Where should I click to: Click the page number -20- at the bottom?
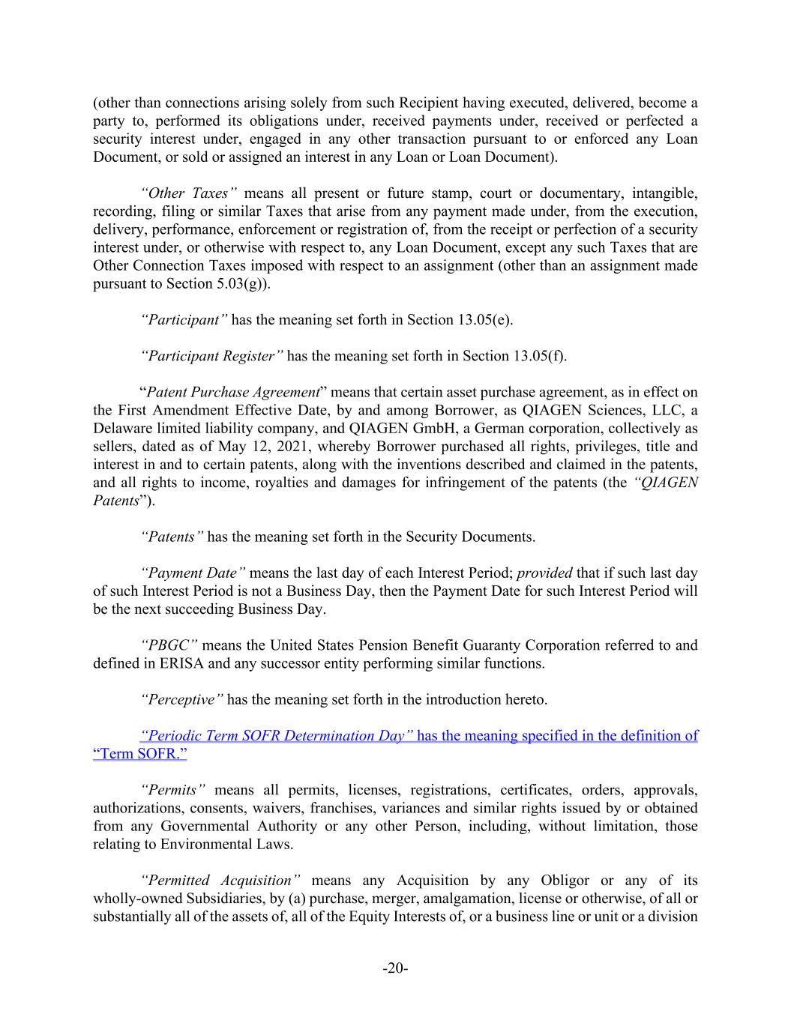point(395,968)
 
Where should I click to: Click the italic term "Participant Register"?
point(211,356)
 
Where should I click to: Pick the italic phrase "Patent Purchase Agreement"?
point(233,392)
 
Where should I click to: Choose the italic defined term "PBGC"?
point(169,645)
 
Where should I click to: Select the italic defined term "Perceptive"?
point(182,699)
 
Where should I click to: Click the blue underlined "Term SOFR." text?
point(139,753)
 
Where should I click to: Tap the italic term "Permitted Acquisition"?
point(220,880)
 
